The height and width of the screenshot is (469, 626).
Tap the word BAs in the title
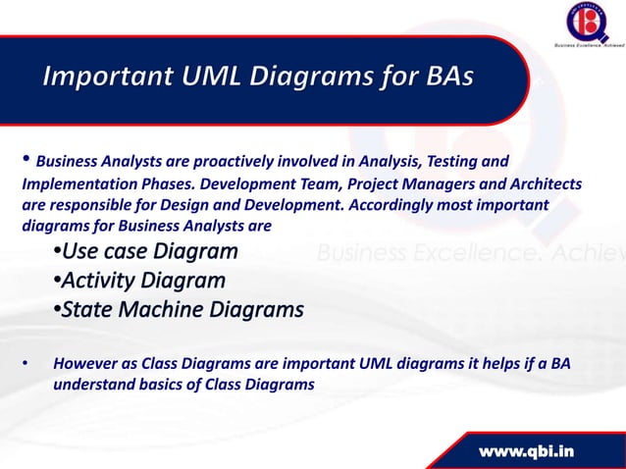441,78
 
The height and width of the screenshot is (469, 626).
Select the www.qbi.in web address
529,450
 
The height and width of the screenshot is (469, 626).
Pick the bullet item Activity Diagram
138,282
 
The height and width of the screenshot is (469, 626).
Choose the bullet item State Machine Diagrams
178,311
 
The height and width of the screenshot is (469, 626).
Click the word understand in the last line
93,385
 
